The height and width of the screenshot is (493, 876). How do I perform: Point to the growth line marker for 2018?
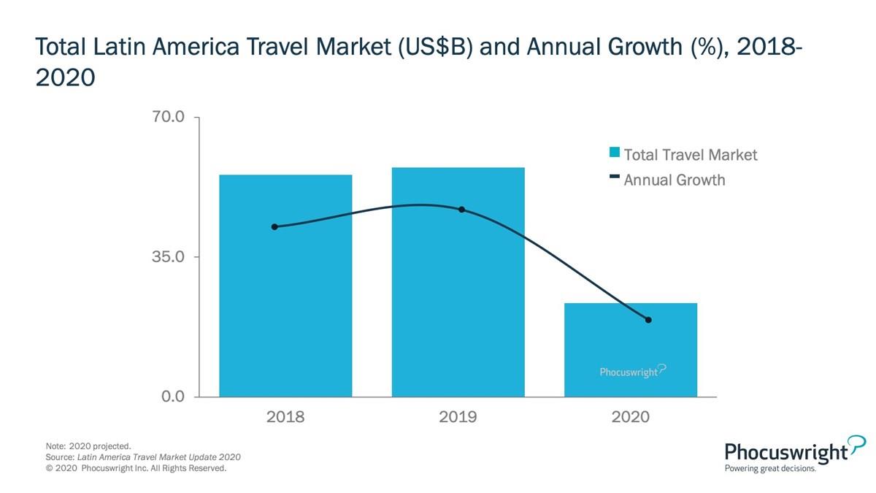coord(274,227)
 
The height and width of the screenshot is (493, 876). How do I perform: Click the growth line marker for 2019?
coord(461,210)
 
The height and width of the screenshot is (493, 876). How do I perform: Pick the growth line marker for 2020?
coord(648,320)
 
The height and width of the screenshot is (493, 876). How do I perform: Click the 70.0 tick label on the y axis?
coord(168,117)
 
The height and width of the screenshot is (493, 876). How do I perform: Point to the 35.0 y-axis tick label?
coord(168,257)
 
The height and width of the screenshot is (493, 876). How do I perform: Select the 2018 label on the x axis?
coord(285,417)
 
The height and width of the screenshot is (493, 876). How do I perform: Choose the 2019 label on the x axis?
coord(458,417)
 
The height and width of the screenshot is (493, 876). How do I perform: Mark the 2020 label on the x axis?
coord(630,417)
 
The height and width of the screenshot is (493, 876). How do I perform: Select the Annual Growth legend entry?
coord(674,180)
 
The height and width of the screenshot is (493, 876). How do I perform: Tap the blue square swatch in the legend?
coord(615,153)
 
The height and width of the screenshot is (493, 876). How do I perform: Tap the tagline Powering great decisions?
coord(770,469)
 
